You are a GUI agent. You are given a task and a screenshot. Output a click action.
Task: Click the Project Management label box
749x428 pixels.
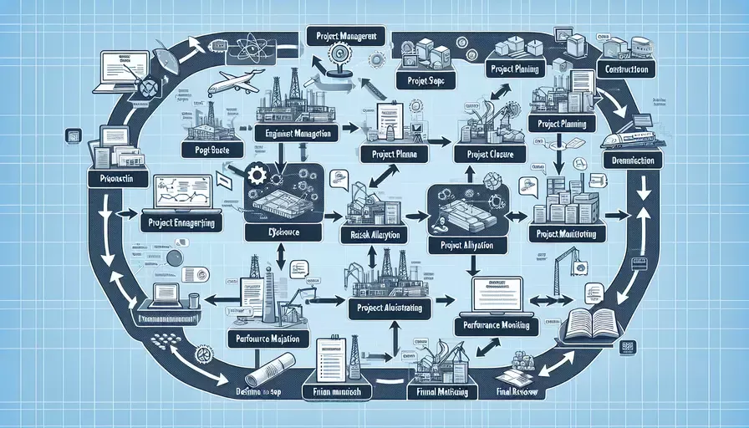coord(345,36)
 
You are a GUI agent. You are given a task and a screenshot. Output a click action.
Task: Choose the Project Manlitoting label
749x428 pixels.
coord(567,234)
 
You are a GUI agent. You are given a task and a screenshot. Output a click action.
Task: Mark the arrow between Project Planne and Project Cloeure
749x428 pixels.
coord(436,140)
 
